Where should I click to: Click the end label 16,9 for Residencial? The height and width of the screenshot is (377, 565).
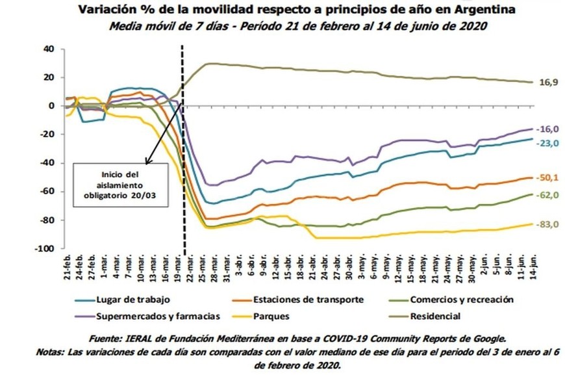[549, 83]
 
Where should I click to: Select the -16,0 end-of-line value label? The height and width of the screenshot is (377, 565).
[549, 129]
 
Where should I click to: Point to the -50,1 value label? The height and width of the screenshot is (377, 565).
[549, 177]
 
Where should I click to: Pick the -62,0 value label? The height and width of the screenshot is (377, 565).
[549, 194]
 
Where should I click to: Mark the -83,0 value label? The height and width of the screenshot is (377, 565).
[549, 224]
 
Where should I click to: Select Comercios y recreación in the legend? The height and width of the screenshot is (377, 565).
[460, 300]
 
